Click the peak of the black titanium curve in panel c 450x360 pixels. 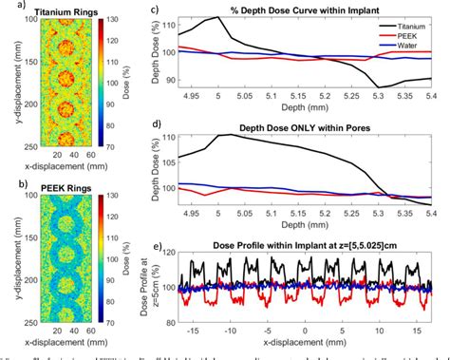(219, 18)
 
